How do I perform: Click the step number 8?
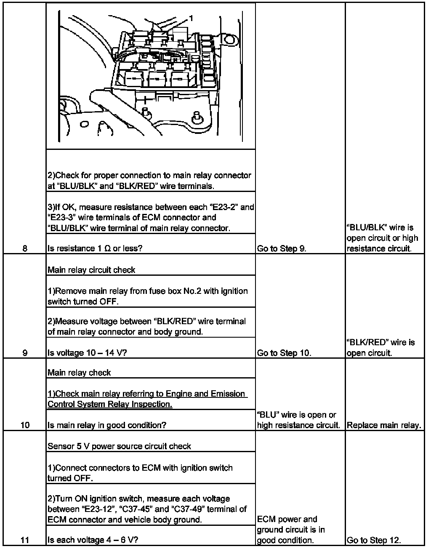click(x=25, y=248)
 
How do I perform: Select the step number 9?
click(x=25, y=353)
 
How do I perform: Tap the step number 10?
click(x=25, y=425)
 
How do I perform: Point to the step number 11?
click(x=25, y=540)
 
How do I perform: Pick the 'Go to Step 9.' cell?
click(x=281, y=248)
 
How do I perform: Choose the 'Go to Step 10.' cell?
click(x=284, y=353)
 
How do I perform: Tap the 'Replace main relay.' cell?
click(x=383, y=425)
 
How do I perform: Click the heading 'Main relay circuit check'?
click(x=91, y=270)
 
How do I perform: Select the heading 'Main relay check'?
click(x=79, y=373)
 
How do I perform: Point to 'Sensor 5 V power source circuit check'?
click(x=120, y=446)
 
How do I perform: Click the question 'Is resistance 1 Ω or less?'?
click(x=95, y=248)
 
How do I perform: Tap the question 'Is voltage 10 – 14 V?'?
click(x=87, y=353)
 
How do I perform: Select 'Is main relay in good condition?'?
click(x=107, y=425)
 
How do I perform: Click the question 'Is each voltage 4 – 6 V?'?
click(x=93, y=540)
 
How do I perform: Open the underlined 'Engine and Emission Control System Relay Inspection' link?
click(x=146, y=399)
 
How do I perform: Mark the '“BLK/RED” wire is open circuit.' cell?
click(x=380, y=348)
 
